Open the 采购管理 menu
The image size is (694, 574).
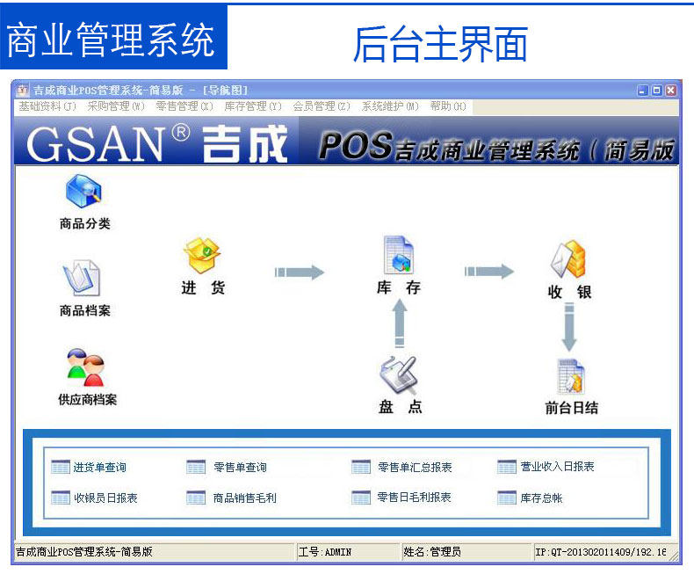point(115,106)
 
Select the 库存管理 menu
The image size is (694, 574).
point(252,106)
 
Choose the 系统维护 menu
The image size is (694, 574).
point(390,106)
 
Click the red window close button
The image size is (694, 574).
point(671,90)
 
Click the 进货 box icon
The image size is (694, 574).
point(202,255)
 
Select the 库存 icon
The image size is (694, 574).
point(398,255)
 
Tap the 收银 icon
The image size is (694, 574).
point(568,259)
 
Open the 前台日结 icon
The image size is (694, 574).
point(571,376)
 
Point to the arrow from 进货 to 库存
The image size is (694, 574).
point(299,272)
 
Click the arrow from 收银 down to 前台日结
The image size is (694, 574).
point(569,326)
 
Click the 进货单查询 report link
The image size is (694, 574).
point(98,468)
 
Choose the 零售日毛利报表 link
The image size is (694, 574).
point(414,498)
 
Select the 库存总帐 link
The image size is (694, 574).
point(541,498)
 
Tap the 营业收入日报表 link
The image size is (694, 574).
point(557,467)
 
